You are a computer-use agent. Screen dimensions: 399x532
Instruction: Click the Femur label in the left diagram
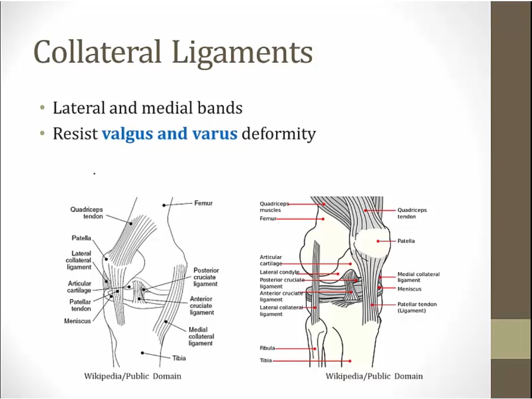(x=203, y=203)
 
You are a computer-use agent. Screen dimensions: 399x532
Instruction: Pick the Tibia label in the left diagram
(x=179, y=358)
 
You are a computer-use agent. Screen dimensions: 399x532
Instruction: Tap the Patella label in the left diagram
(x=82, y=238)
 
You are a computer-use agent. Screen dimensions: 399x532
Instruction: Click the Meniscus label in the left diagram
(x=77, y=322)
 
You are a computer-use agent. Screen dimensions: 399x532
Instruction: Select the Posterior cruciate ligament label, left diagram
(x=205, y=277)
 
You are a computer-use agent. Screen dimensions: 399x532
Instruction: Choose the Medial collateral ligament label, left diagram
(x=201, y=337)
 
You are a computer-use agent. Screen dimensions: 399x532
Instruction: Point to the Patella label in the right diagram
(x=406, y=241)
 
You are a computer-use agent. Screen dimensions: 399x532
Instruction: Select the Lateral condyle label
(x=279, y=273)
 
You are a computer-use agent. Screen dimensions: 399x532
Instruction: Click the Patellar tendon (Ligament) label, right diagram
(x=417, y=307)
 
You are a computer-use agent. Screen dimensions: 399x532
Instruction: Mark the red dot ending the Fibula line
(x=316, y=349)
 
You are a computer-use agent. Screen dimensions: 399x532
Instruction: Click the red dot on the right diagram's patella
(x=378, y=241)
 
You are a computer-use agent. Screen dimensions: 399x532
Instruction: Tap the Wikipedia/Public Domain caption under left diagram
(x=132, y=376)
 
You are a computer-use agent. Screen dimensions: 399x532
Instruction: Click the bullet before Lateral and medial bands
(x=43, y=109)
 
